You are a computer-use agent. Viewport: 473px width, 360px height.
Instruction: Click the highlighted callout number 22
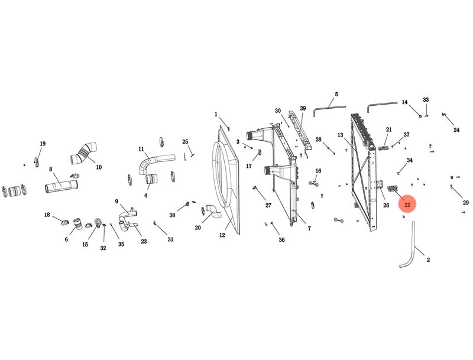tap(407, 205)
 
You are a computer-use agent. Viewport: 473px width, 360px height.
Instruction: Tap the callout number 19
tap(43, 144)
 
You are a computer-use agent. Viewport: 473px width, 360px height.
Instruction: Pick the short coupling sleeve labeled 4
tap(152, 179)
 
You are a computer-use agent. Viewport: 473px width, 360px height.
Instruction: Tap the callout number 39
tap(303, 108)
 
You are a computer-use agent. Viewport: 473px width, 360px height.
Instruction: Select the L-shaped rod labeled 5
tap(329, 107)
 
